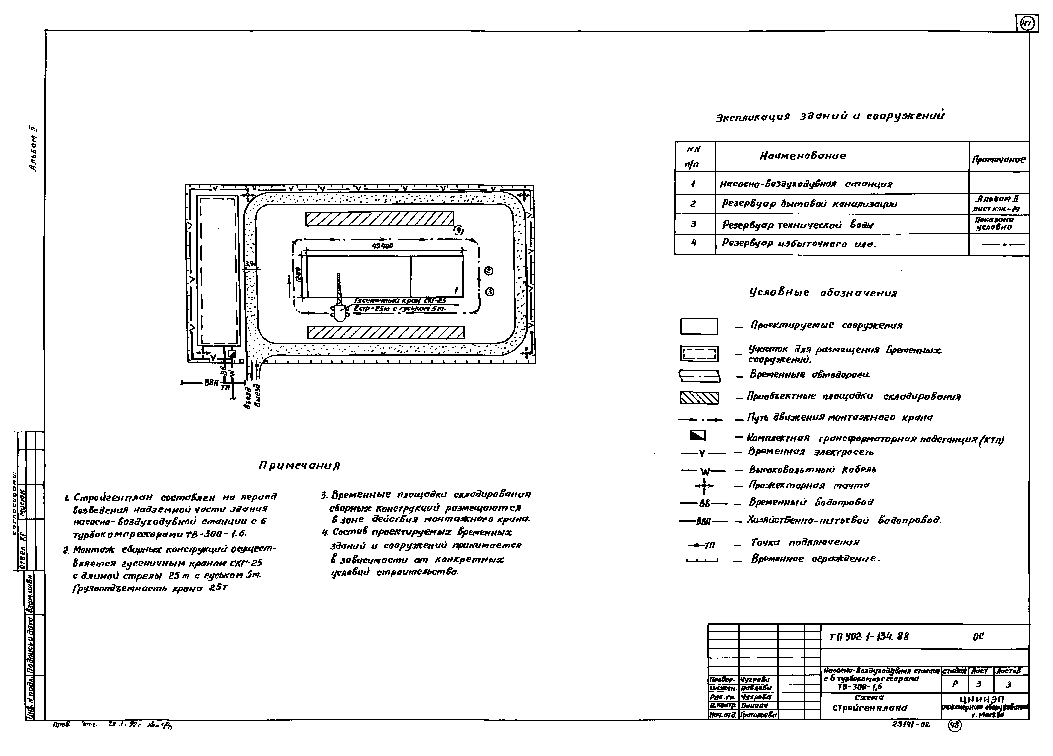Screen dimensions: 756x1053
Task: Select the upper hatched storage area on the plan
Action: (x=379, y=219)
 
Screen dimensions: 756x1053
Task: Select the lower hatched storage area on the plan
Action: (x=385, y=332)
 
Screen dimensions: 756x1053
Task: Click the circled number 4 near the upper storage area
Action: (x=458, y=230)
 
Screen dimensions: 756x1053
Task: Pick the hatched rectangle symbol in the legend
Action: (x=699, y=398)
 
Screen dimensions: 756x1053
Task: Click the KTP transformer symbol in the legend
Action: (x=698, y=435)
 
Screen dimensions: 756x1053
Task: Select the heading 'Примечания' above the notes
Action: (x=299, y=465)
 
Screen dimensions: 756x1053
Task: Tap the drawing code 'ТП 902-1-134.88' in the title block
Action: (x=868, y=637)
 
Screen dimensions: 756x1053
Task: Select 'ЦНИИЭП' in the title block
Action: (x=984, y=699)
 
